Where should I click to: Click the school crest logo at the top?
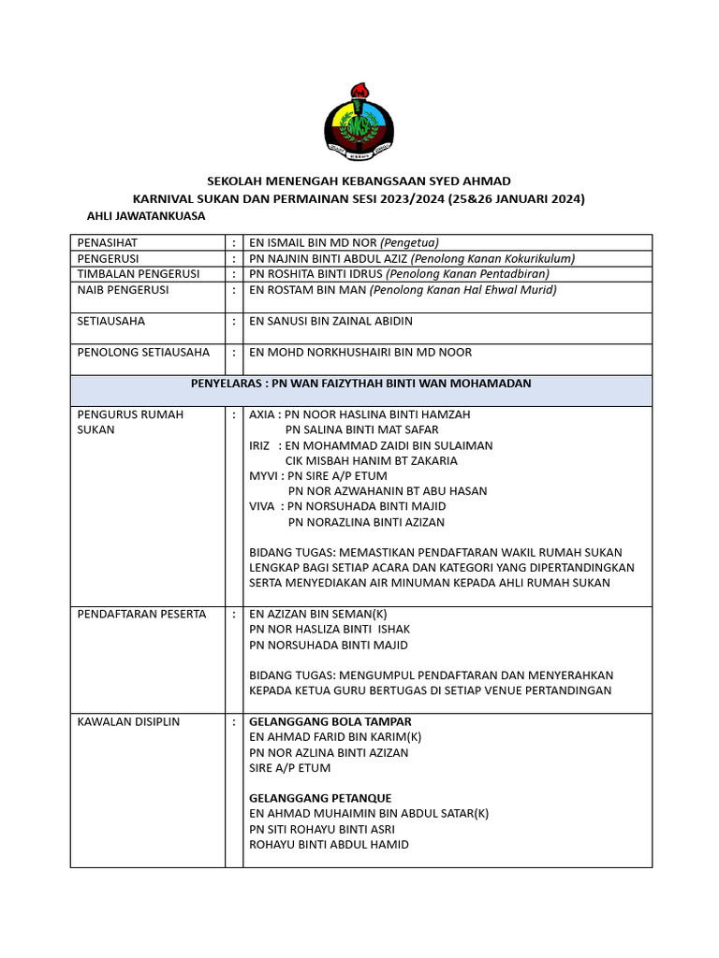359,121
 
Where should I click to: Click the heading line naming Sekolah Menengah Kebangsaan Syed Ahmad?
359,181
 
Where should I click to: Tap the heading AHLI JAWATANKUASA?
145,216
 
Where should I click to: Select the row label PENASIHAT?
108,242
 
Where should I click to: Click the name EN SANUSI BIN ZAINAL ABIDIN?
330,321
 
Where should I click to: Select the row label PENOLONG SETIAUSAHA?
143,353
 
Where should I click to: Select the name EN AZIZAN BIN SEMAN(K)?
317,615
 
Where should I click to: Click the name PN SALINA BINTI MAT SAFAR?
361,429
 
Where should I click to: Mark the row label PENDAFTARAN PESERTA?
141,615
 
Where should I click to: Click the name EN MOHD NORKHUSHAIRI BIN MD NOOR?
360,353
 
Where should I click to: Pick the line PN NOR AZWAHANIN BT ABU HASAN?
387,491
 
